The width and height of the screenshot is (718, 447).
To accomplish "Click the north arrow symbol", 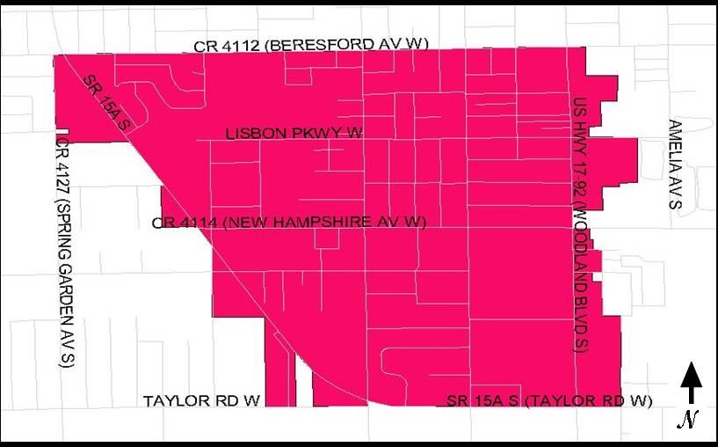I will click(692, 384).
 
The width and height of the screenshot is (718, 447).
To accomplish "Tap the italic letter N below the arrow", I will click(688, 421).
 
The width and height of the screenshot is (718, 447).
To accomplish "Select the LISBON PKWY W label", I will click(294, 134).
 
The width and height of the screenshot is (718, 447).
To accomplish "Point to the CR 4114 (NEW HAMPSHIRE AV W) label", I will click(289, 223).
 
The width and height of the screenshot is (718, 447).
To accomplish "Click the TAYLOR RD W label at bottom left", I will click(202, 401).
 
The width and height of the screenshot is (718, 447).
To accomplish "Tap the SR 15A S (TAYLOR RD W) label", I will click(549, 402).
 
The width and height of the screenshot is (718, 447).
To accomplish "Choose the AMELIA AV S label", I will click(674, 164).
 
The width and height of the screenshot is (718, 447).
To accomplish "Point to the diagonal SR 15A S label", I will click(106, 104).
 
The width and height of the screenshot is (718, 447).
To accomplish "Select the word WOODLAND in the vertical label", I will click(578, 246).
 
